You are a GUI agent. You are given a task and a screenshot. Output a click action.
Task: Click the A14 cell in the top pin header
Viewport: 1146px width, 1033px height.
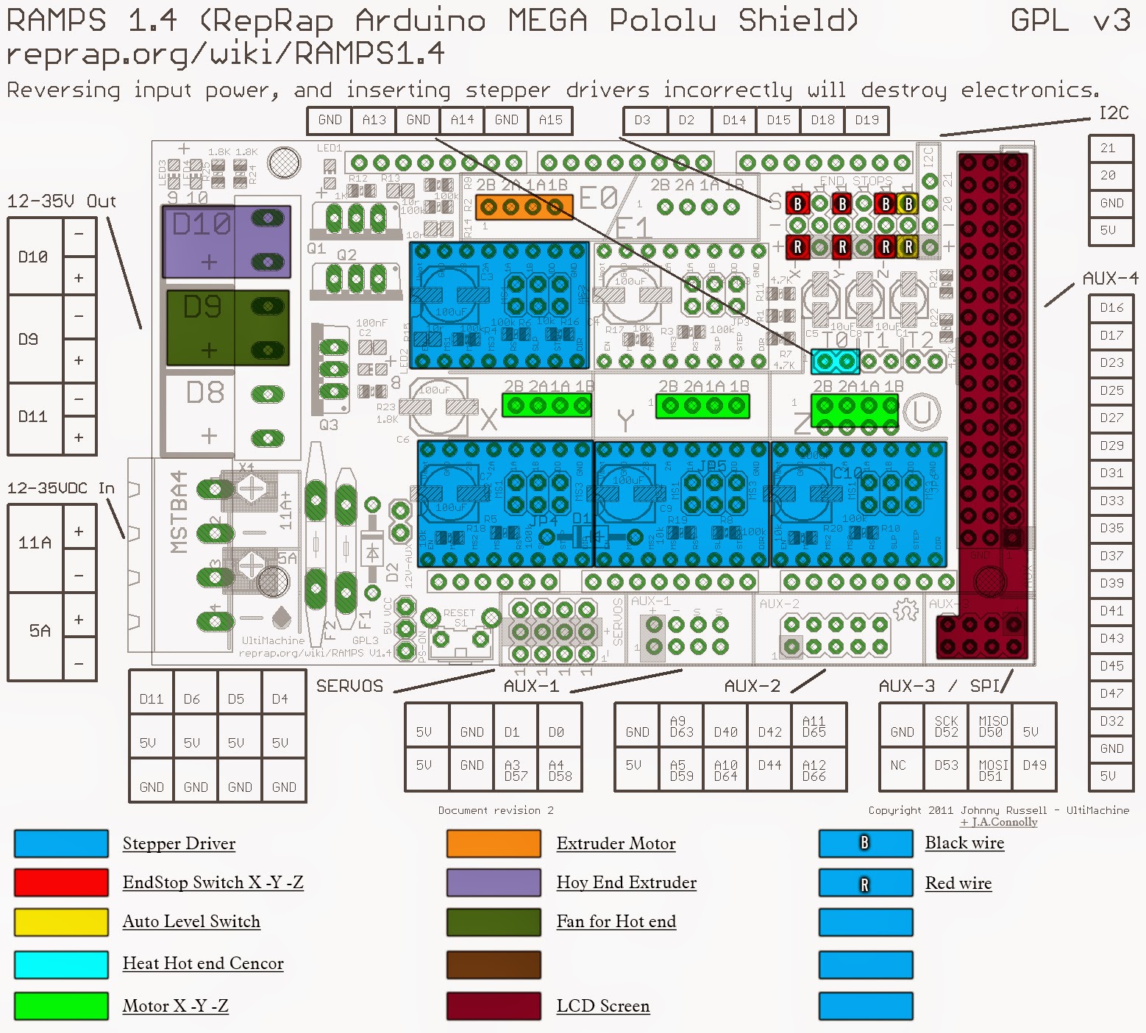(x=462, y=120)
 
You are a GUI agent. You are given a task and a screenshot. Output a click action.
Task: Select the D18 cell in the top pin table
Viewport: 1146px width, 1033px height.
(x=822, y=120)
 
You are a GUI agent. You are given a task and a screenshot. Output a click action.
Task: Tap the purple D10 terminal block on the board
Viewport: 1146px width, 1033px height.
(x=226, y=241)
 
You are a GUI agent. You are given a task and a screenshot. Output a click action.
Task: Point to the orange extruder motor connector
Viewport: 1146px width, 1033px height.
(x=524, y=207)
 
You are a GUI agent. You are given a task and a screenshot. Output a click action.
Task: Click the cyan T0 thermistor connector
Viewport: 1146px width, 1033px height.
(x=835, y=361)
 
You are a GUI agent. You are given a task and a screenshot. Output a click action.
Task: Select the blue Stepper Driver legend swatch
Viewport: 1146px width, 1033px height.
(x=61, y=843)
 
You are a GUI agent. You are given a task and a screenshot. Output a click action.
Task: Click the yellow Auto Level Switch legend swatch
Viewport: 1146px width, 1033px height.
(x=61, y=921)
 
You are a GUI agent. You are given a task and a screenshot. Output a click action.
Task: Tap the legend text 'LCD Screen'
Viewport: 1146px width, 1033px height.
(x=602, y=1006)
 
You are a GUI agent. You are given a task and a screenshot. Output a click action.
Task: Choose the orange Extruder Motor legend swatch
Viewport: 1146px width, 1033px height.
(x=494, y=843)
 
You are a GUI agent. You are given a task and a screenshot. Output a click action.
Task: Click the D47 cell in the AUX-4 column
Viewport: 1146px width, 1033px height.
(x=1111, y=693)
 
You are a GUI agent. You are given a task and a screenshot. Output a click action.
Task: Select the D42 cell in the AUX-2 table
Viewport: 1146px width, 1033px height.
(x=769, y=732)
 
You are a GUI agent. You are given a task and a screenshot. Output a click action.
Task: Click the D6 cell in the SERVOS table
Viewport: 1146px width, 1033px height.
(x=191, y=698)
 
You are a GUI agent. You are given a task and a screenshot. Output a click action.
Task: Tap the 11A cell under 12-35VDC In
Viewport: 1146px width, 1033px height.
(x=35, y=543)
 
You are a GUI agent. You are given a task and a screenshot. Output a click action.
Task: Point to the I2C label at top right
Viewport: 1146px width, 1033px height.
(x=1113, y=113)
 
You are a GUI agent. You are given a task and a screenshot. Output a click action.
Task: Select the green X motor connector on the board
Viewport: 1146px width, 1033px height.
(x=547, y=405)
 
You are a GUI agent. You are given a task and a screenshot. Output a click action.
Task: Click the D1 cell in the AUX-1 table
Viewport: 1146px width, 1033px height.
(x=512, y=732)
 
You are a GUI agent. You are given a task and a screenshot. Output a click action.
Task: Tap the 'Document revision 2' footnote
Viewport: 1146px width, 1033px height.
(x=496, y=810)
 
